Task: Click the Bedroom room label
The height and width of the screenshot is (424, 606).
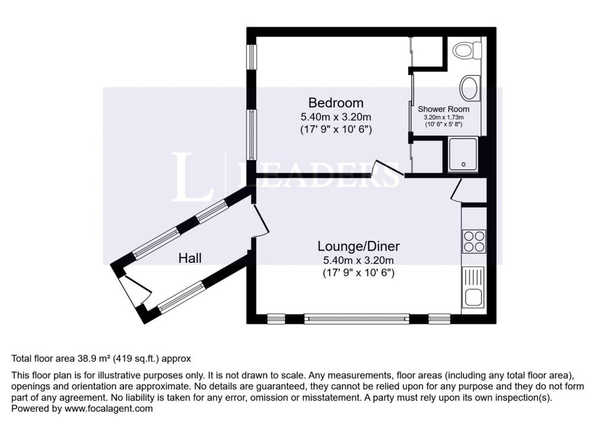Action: click(336, 102)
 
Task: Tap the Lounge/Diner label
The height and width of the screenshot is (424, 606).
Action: click(359, 246)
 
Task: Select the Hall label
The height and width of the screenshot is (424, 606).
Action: click(191, 258)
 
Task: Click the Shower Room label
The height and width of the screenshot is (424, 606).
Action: click(443, 110)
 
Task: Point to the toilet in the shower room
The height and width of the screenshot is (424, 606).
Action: click(466, 50)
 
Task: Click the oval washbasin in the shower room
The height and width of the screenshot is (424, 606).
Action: click(470, 88)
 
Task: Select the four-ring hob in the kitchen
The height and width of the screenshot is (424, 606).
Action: click(473, 241)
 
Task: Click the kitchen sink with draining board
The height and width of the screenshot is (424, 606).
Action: click(473, 287)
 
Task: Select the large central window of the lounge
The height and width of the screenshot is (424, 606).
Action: click(357, 319)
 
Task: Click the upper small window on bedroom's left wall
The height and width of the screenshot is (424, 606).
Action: click(252, 56)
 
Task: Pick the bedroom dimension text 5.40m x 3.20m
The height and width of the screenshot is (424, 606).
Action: click(336, 117)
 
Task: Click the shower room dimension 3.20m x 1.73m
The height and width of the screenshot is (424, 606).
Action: click(443, 118)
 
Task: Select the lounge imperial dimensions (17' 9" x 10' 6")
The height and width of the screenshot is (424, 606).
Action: click(359, 273)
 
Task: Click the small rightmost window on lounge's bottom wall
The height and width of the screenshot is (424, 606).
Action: click(439, 319)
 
